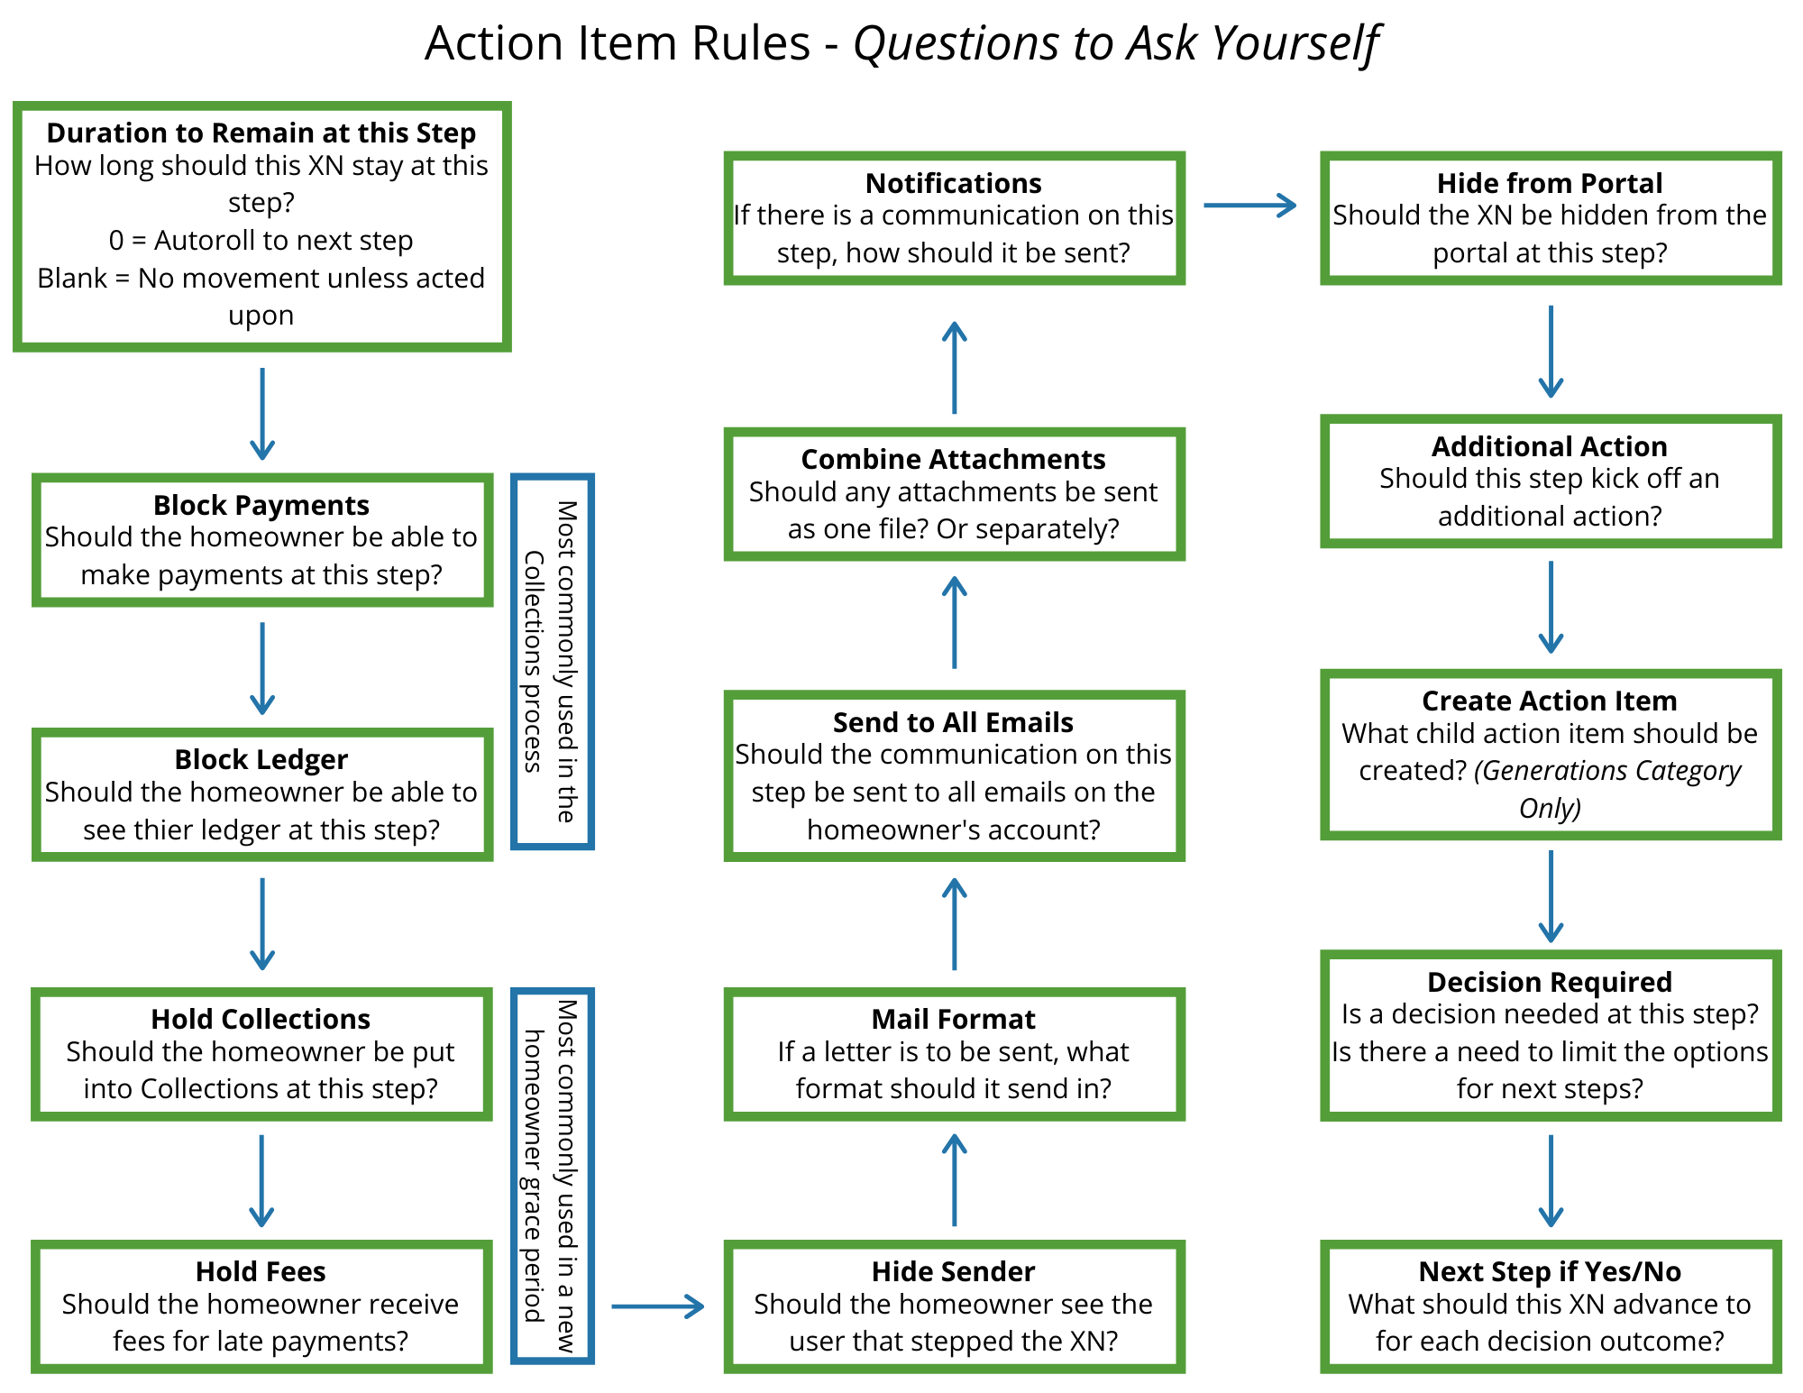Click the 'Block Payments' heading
click(261, 505)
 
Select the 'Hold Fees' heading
click(261, 1271)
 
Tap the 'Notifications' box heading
click(953, 183)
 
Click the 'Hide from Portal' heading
click(1549, 183)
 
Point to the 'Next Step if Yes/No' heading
click(1549, 1271)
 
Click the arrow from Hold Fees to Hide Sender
click(657, 1306)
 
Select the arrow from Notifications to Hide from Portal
click(1249, 206)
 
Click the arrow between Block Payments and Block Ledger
click(262, 667)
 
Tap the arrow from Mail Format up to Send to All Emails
click(954, 924)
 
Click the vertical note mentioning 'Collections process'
click(552, 661)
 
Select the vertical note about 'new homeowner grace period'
click(552, 1175)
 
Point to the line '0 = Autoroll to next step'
click(261, 241)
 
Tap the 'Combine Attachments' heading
click(953, 459)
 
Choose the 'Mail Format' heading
click(953, 1019)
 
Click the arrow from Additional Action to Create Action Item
click(1551, 606)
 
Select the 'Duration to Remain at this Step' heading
click(261, 133)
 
